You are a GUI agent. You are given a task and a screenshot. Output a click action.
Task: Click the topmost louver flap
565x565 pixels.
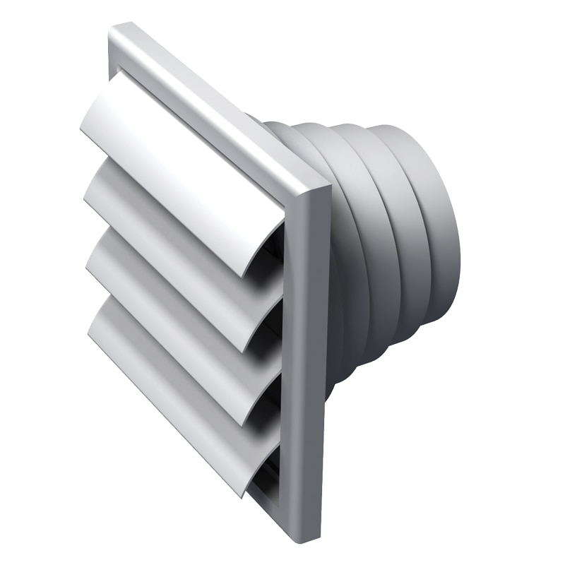[x=177, y=155]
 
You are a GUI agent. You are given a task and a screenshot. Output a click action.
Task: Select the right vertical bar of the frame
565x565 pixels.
[x=311, y=353]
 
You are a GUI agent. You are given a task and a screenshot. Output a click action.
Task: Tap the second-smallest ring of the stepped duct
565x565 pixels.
[x=403, y=233]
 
